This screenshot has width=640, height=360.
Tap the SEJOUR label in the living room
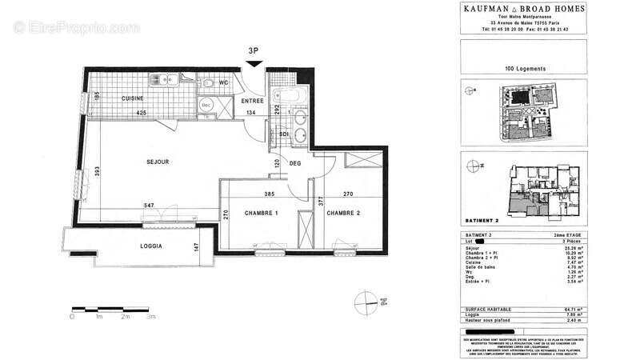[158, 162]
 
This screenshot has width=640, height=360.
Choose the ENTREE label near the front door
[253, 102]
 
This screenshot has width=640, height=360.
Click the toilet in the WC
[210, 82]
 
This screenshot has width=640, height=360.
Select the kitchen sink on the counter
[161, 79]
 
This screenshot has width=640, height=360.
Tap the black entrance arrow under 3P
[254, 66]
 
